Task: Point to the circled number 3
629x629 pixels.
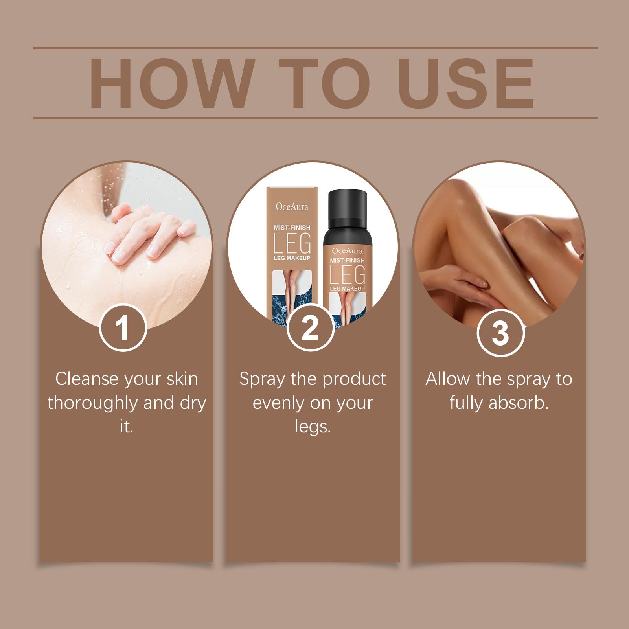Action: [x=500, y=333]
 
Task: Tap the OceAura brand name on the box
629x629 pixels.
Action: [x=292, y=206]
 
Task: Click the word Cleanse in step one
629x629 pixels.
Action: [x=87, y=379]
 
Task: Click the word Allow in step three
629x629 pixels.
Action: [x=447, y=379]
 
